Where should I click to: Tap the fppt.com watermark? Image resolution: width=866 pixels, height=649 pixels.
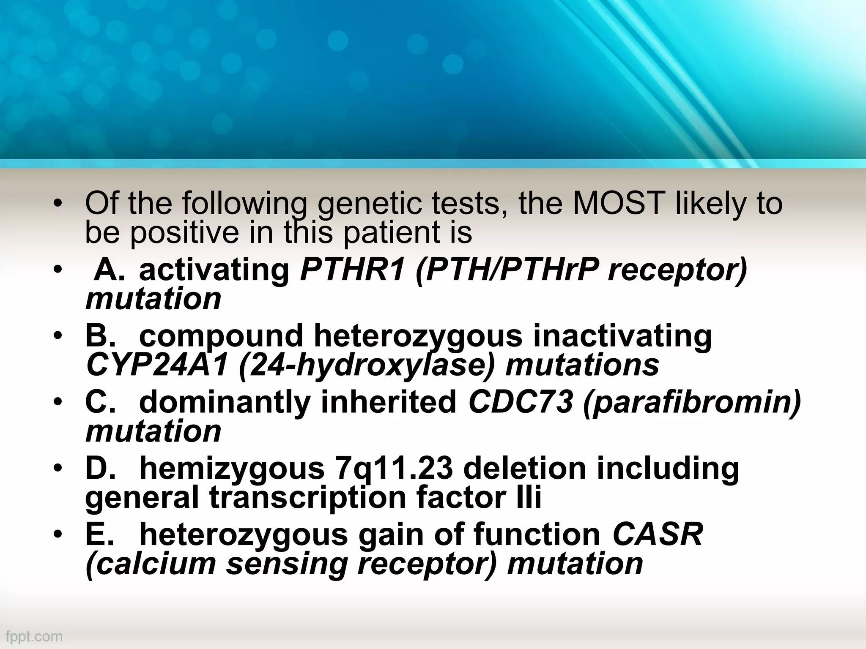pyautogui.click(x=32, y=636)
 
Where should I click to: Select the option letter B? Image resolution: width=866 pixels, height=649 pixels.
pyautogui.click(x=100, y=336)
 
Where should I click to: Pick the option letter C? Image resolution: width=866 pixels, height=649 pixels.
pyautogui.click(x=100, y=402)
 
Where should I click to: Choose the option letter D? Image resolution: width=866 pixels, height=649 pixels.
pyautogui.click(x=100, y=469)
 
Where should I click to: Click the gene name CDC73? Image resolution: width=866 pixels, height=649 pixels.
pyautogui.click(x=521, y=402)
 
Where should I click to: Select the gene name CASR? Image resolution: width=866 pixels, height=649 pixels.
pyautogui.click(x=658, y=534)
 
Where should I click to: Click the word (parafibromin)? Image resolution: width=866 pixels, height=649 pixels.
pyautogui.click(x=692, y=402)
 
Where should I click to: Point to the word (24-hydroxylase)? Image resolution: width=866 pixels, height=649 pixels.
pyautogui.click(x=366, y=365)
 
